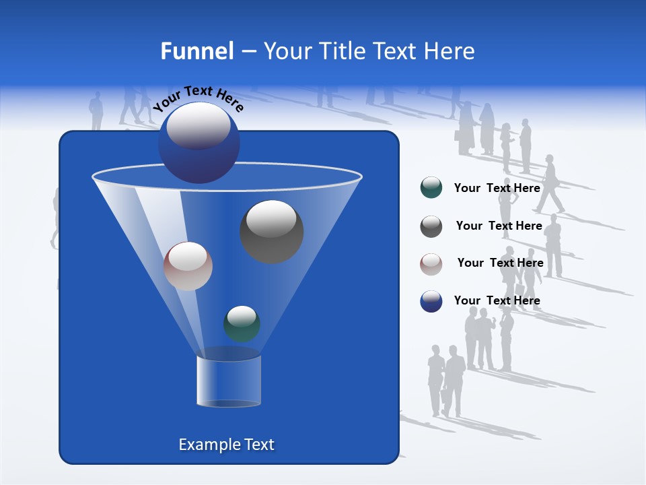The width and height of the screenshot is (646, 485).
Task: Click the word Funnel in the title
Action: pos(196,51)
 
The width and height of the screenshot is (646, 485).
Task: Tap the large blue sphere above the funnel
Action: pos(199,143)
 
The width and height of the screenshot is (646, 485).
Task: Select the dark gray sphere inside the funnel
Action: pos(271,232)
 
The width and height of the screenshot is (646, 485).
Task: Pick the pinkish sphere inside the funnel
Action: pos(188,266)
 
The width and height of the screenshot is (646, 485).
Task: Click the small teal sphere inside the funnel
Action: pos(242,323)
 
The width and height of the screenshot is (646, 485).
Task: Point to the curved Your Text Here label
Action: pos(198,98)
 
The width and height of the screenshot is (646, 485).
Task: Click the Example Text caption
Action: pos(226,445)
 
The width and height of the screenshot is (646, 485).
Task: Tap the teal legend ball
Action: pos(431,188)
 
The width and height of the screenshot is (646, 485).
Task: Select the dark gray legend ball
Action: pos(431,226)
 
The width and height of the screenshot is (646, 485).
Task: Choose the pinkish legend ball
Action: pos(431,264)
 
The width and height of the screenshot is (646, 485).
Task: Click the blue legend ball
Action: pos(431,301)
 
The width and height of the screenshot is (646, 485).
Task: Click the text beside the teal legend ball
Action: pos(497,188)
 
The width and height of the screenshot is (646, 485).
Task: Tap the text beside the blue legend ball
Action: pos(497,300)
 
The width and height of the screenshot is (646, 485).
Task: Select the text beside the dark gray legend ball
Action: pos(499,226)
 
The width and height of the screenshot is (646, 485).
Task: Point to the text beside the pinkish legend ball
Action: pos(500,263)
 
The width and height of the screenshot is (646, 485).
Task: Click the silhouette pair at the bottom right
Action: pos(446,381)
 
